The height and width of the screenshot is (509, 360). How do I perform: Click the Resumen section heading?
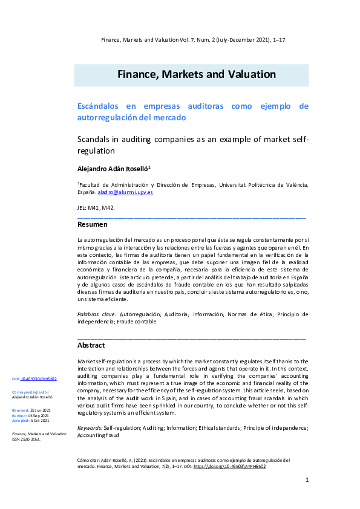[93, 224]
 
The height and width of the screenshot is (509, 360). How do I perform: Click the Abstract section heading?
[91, 345]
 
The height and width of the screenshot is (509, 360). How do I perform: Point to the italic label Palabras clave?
[97, 314]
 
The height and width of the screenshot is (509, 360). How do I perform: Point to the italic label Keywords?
[90, 428]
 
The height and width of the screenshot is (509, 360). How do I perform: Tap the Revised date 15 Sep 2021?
[42, 415]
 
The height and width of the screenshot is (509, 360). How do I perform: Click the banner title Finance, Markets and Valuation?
[197, 75]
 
